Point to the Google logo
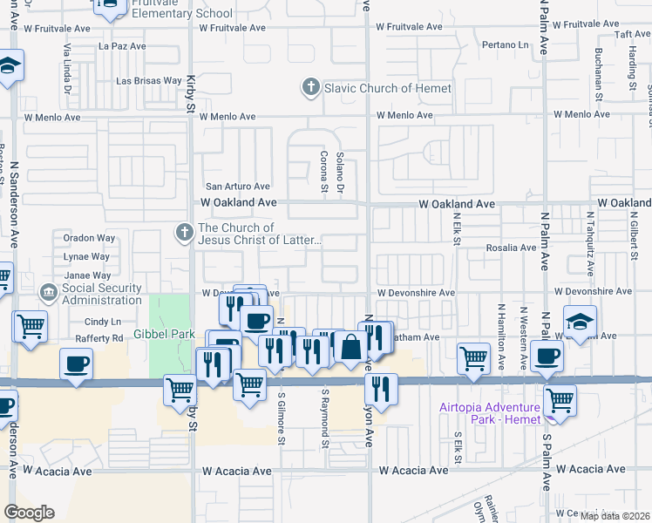[x=29, y=513]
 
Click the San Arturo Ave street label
[x=237, y=186]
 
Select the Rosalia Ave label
[x=511, y=248]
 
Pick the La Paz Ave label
[x=119, y=45]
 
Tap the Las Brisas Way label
[x=148, y=81]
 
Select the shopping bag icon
[x=350, y=347]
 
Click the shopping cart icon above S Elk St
[x=473, y=357]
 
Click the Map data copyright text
[x=615, y=515]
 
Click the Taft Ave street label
[x=628, y=34]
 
